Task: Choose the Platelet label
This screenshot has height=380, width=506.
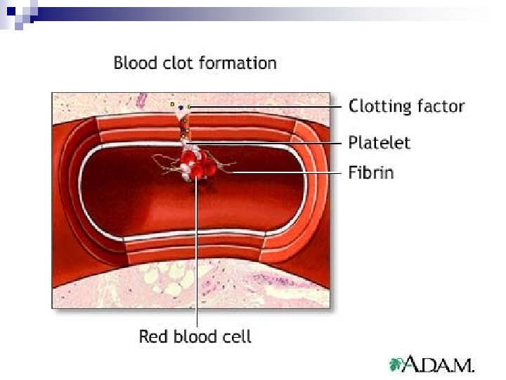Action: point(379,143)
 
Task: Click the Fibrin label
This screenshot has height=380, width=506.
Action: point(371,172)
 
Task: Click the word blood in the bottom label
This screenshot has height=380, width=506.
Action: point(191,336)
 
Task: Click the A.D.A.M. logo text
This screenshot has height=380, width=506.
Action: point(441,365)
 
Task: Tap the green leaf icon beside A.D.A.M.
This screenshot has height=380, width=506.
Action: point(398,364)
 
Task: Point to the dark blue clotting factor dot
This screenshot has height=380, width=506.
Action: point(181,108)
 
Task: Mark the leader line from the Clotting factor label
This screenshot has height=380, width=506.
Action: point(267,107)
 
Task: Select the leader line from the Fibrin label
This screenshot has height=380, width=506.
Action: point(288,172)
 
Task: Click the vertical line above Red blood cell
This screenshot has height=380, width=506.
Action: point(197,253)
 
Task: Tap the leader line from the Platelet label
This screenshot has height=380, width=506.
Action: point(267,143)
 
